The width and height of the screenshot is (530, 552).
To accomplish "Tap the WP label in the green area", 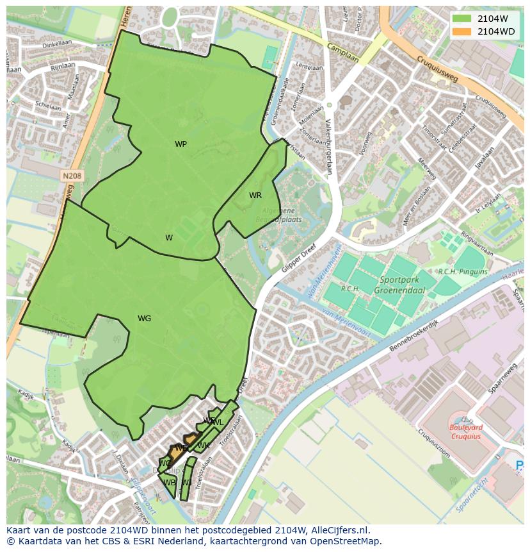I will tap(181, 144).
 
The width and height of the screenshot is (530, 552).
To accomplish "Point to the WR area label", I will tap(255, 196).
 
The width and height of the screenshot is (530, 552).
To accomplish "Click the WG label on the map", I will tap(144, 319).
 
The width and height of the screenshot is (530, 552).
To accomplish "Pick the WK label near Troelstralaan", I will tap(204, 446).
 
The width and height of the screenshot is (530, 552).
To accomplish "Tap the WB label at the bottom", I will tap(168, 483).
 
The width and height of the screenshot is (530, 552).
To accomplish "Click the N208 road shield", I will tap(72, 175).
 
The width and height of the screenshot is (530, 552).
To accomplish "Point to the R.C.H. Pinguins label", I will tap(462, 272).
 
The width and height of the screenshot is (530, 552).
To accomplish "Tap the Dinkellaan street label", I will tap(58, 45).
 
